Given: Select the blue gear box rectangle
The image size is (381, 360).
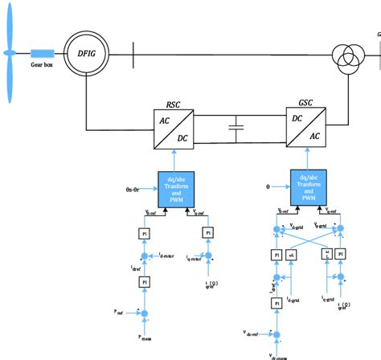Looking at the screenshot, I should coord(43,52).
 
